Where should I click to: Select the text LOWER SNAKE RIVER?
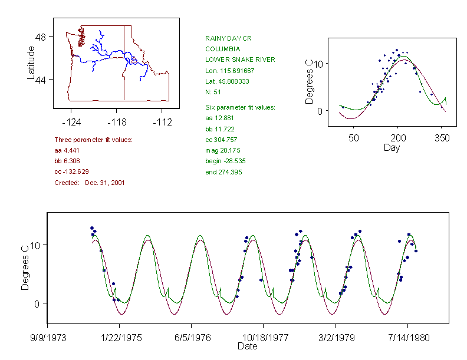240,60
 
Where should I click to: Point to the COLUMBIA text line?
222,49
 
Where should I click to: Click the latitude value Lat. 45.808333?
227,81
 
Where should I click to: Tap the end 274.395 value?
223,172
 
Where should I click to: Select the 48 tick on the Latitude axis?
42,37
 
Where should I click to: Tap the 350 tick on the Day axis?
442,138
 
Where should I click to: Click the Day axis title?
392,147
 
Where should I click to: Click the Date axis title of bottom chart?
247,346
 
